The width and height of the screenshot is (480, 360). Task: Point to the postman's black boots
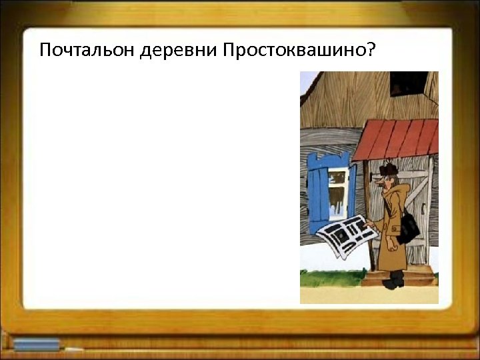[x=395, y=280]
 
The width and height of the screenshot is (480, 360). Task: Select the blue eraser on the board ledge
[x=37, y=345]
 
